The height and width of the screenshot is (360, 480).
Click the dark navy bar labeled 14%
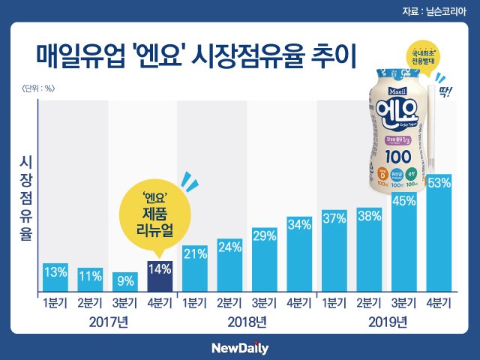[x=160, y=276]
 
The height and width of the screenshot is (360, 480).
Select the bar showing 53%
[x=439, y=232]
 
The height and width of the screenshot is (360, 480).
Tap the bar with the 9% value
[x=125, y=282]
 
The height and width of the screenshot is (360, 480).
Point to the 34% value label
[x=299, y=225]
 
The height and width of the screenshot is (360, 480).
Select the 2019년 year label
[x=386, y=323]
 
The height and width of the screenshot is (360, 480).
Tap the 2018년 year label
[x=247, y=323]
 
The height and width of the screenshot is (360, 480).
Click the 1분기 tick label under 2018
[x=195, y=304]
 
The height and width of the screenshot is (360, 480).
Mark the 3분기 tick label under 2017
[x=125, y=304]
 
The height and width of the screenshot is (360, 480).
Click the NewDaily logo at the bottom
[x=239, y=348]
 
